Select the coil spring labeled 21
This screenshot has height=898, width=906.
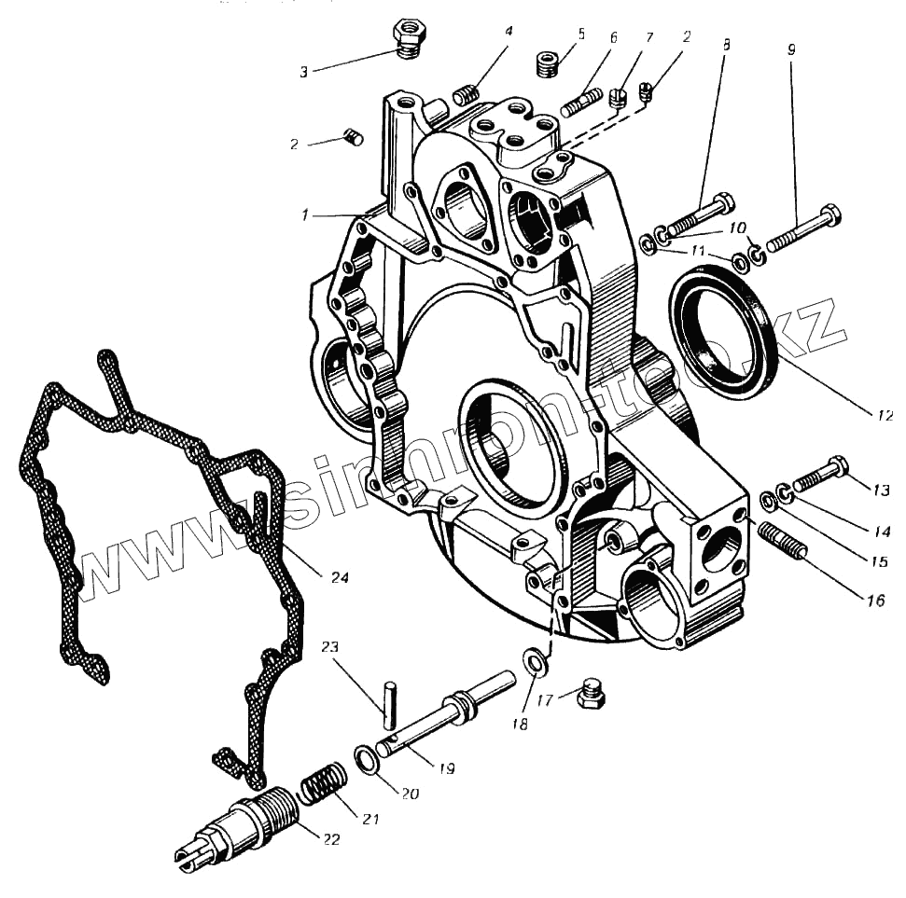point(323,781)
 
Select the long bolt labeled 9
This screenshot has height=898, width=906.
point(803,229)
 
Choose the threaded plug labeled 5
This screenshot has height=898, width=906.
point(549,65)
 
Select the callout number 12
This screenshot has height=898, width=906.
point(885,416)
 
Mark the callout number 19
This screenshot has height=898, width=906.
point(446,769)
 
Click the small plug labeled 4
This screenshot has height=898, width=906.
point(467,93)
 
